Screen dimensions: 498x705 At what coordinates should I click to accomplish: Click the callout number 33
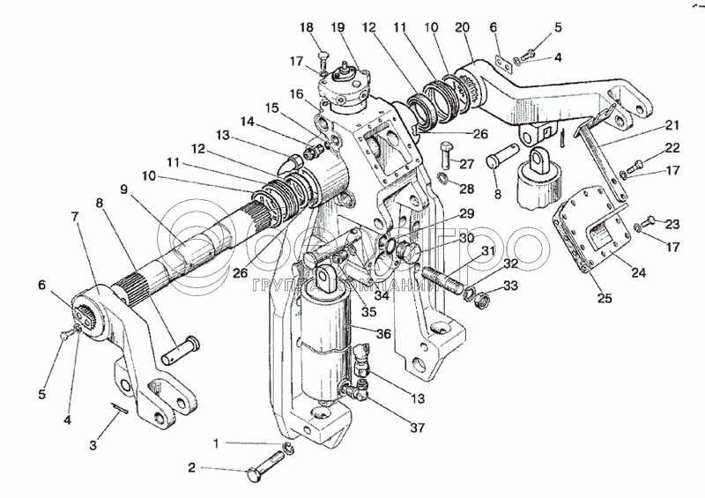click(511, 286)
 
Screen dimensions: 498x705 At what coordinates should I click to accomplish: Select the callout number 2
click(191, 468)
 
